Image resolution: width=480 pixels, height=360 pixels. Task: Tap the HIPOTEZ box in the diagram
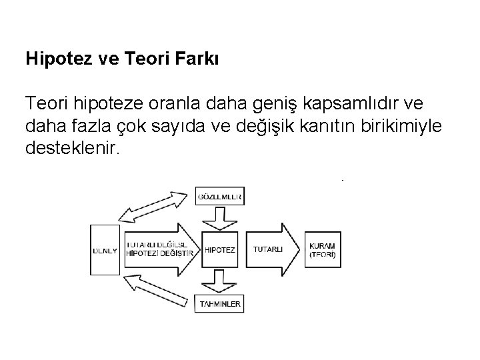click(x=221, y=249)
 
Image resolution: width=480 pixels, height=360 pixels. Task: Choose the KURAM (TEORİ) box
click(x=323, y=250)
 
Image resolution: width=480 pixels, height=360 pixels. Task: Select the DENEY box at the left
click(x=104, y=249)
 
